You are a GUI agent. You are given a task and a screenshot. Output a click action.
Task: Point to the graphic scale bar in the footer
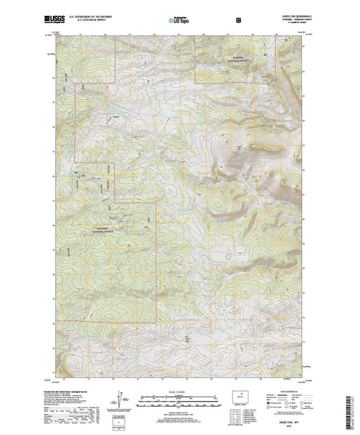coord(179,398)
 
